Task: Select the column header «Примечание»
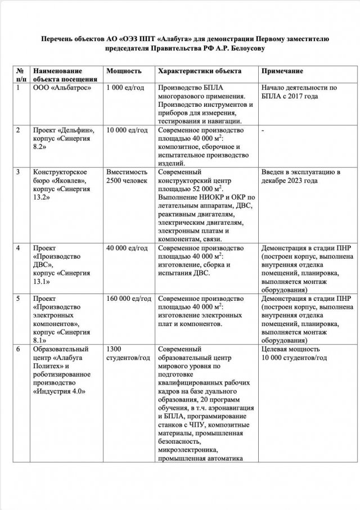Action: tap(282, 71)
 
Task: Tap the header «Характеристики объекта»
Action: tap(200, 71)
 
